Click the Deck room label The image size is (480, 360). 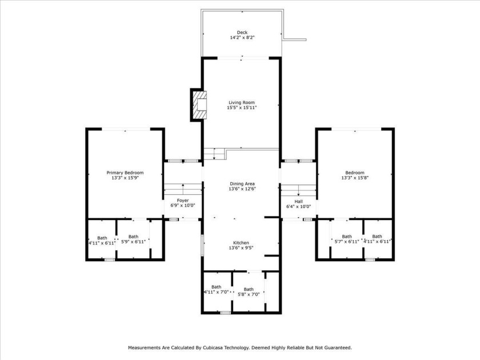coord(242,33)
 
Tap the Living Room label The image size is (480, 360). coord(242,102)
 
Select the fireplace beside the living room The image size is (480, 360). coord(199,105)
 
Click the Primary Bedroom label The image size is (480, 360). coord(125,173)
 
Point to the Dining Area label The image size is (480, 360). coord(242,184)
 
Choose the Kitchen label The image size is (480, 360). coord(241,243)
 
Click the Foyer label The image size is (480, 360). coord(183,201)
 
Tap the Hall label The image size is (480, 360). coord(298,201)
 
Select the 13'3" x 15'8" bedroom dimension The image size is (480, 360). coord(355,178)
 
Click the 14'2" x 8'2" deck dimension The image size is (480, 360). coord(242,38)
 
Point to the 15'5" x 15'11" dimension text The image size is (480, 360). coord(242,107)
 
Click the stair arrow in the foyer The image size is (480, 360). coord(183,189)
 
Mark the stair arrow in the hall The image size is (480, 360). coord(298,190)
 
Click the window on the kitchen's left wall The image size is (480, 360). coord(202,245)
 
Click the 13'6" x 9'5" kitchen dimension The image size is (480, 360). coord(241,248)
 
